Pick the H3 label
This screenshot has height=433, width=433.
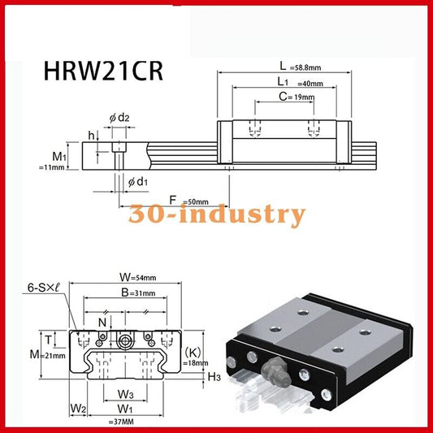[x=214, y=377]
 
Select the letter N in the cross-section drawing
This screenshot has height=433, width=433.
[x=102, y=323]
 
